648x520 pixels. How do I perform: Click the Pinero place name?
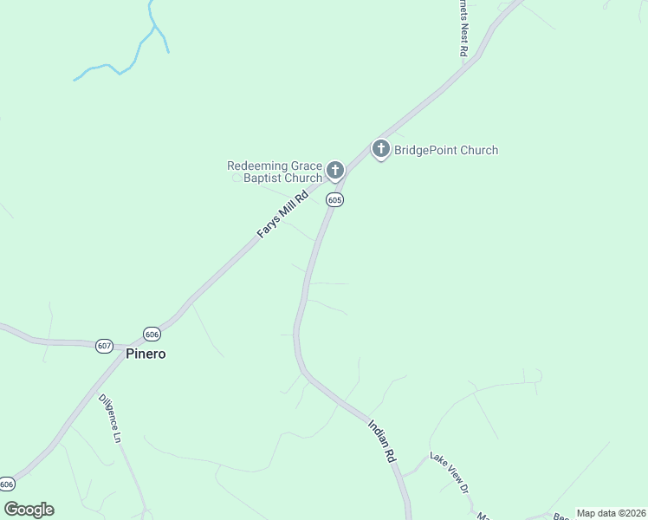click(145, 354)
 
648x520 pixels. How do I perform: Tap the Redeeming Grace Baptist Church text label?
click(274, 172)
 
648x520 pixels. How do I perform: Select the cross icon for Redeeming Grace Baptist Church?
click(335, 170)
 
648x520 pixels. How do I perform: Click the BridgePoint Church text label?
click(446, 150)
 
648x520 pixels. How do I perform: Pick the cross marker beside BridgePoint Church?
click(380, 149)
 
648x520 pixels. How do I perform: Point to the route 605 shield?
click(335, 200)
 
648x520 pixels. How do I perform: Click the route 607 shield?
click(104, 346)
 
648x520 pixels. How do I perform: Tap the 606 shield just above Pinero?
click(152, 334)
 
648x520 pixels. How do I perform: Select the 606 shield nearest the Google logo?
click(7, 484)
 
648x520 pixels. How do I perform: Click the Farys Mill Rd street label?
click(282, 215)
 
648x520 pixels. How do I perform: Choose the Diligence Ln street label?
click(108, 419)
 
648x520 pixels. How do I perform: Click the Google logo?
click(29, 510)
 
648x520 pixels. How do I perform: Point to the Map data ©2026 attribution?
click(611, 513)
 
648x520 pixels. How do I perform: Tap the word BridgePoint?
click(424, 150)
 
